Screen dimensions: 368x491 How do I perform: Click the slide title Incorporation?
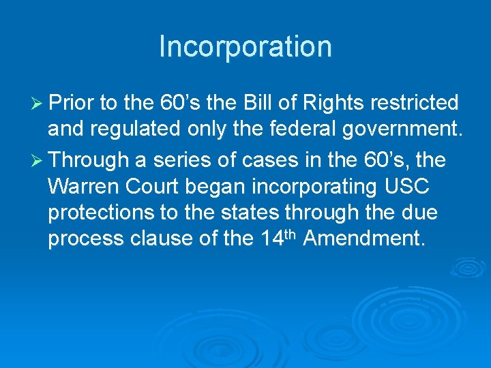[x=245, y=47]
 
